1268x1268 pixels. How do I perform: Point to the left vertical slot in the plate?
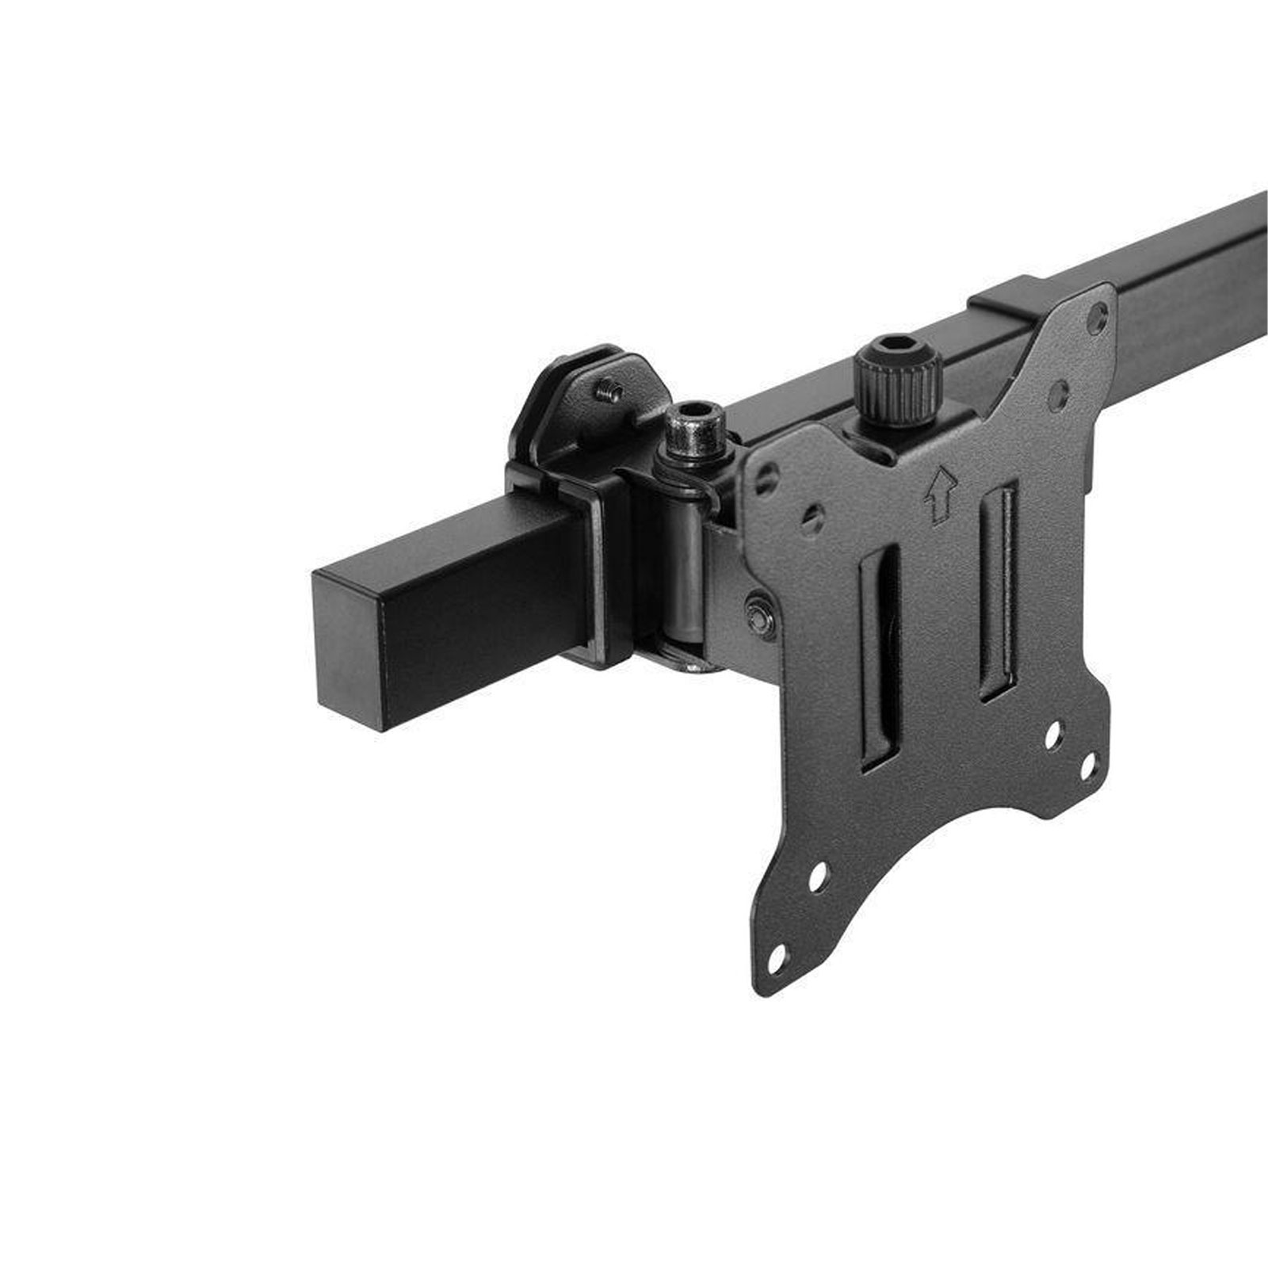880,657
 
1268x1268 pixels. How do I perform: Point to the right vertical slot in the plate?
998,591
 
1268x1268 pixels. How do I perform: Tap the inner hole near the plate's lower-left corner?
819,874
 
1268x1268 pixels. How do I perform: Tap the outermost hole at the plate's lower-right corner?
1088,767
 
